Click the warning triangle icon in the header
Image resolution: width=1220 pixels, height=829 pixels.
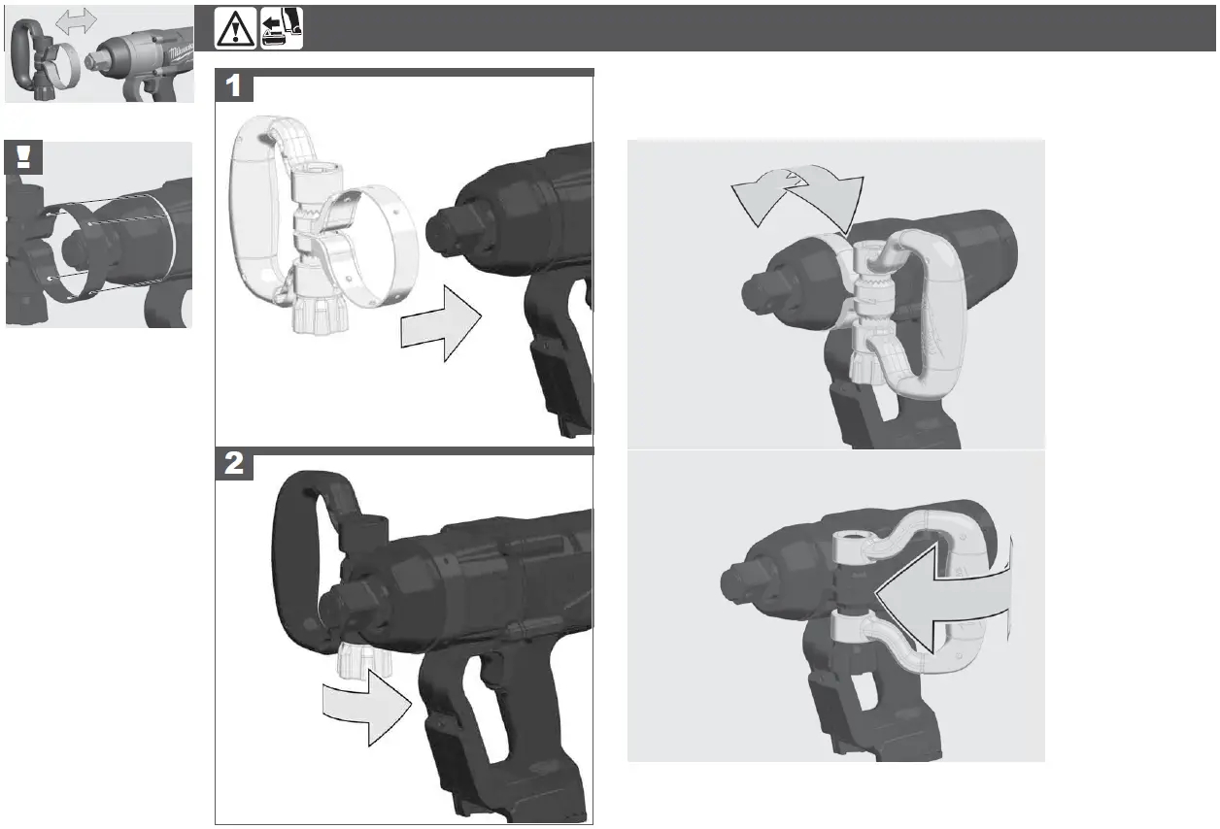pos(236,28)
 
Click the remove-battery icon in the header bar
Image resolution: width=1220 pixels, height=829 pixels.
pos(283,28)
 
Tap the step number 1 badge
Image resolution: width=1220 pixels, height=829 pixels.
pos(234,86)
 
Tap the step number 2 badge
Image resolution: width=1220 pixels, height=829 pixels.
pos(234,465)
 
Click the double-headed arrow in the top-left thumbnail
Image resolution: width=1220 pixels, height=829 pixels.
pos(76,20)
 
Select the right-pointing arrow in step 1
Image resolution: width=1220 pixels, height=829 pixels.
pos(442,325)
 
